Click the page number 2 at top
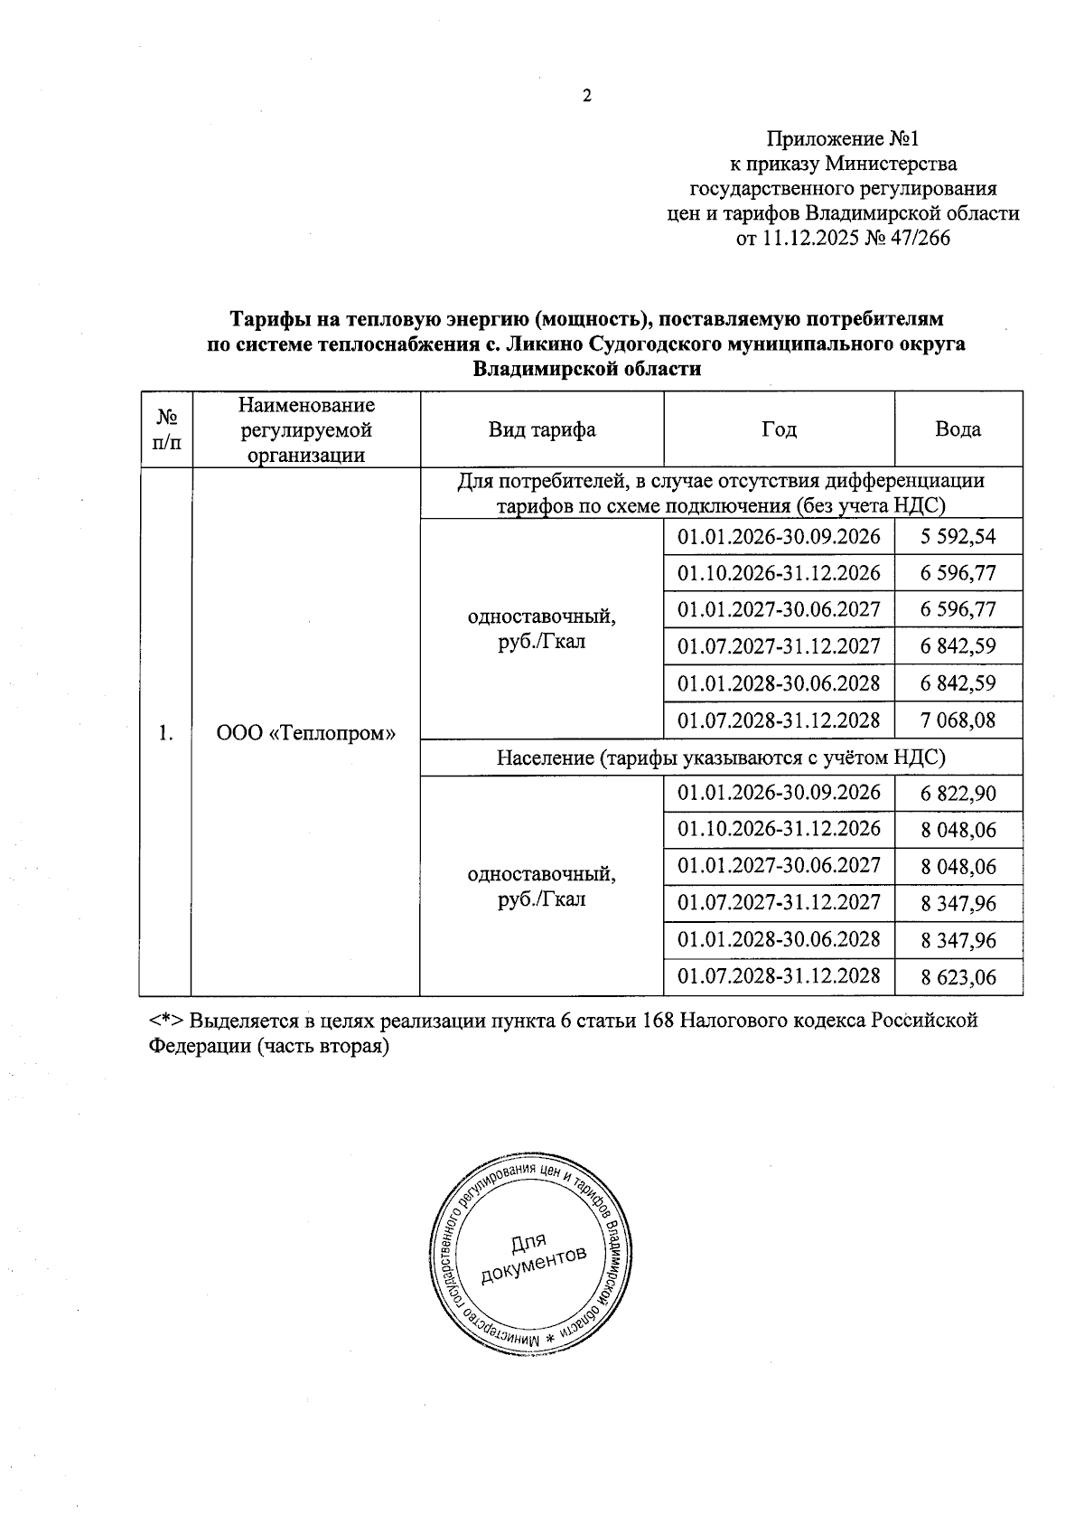[x=586, y=97]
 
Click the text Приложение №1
[x=842, y=138]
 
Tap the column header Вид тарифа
[x=542, y=429]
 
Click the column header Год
[x=779, y=429]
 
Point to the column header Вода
[x=958, y=429]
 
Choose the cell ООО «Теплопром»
[x=306, y=732]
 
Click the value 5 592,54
[x=958, y=536]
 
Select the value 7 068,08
[x=958, y=720]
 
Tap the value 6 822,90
[x=958, y=794]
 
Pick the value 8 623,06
[x=958, y=977]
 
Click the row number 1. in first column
[x=165, y=732]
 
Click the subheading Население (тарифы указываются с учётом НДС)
[x=721, y=758]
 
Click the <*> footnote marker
[x=167, y=1021]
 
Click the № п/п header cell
[x=167, y=429]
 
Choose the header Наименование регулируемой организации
[x=306, y=429]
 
